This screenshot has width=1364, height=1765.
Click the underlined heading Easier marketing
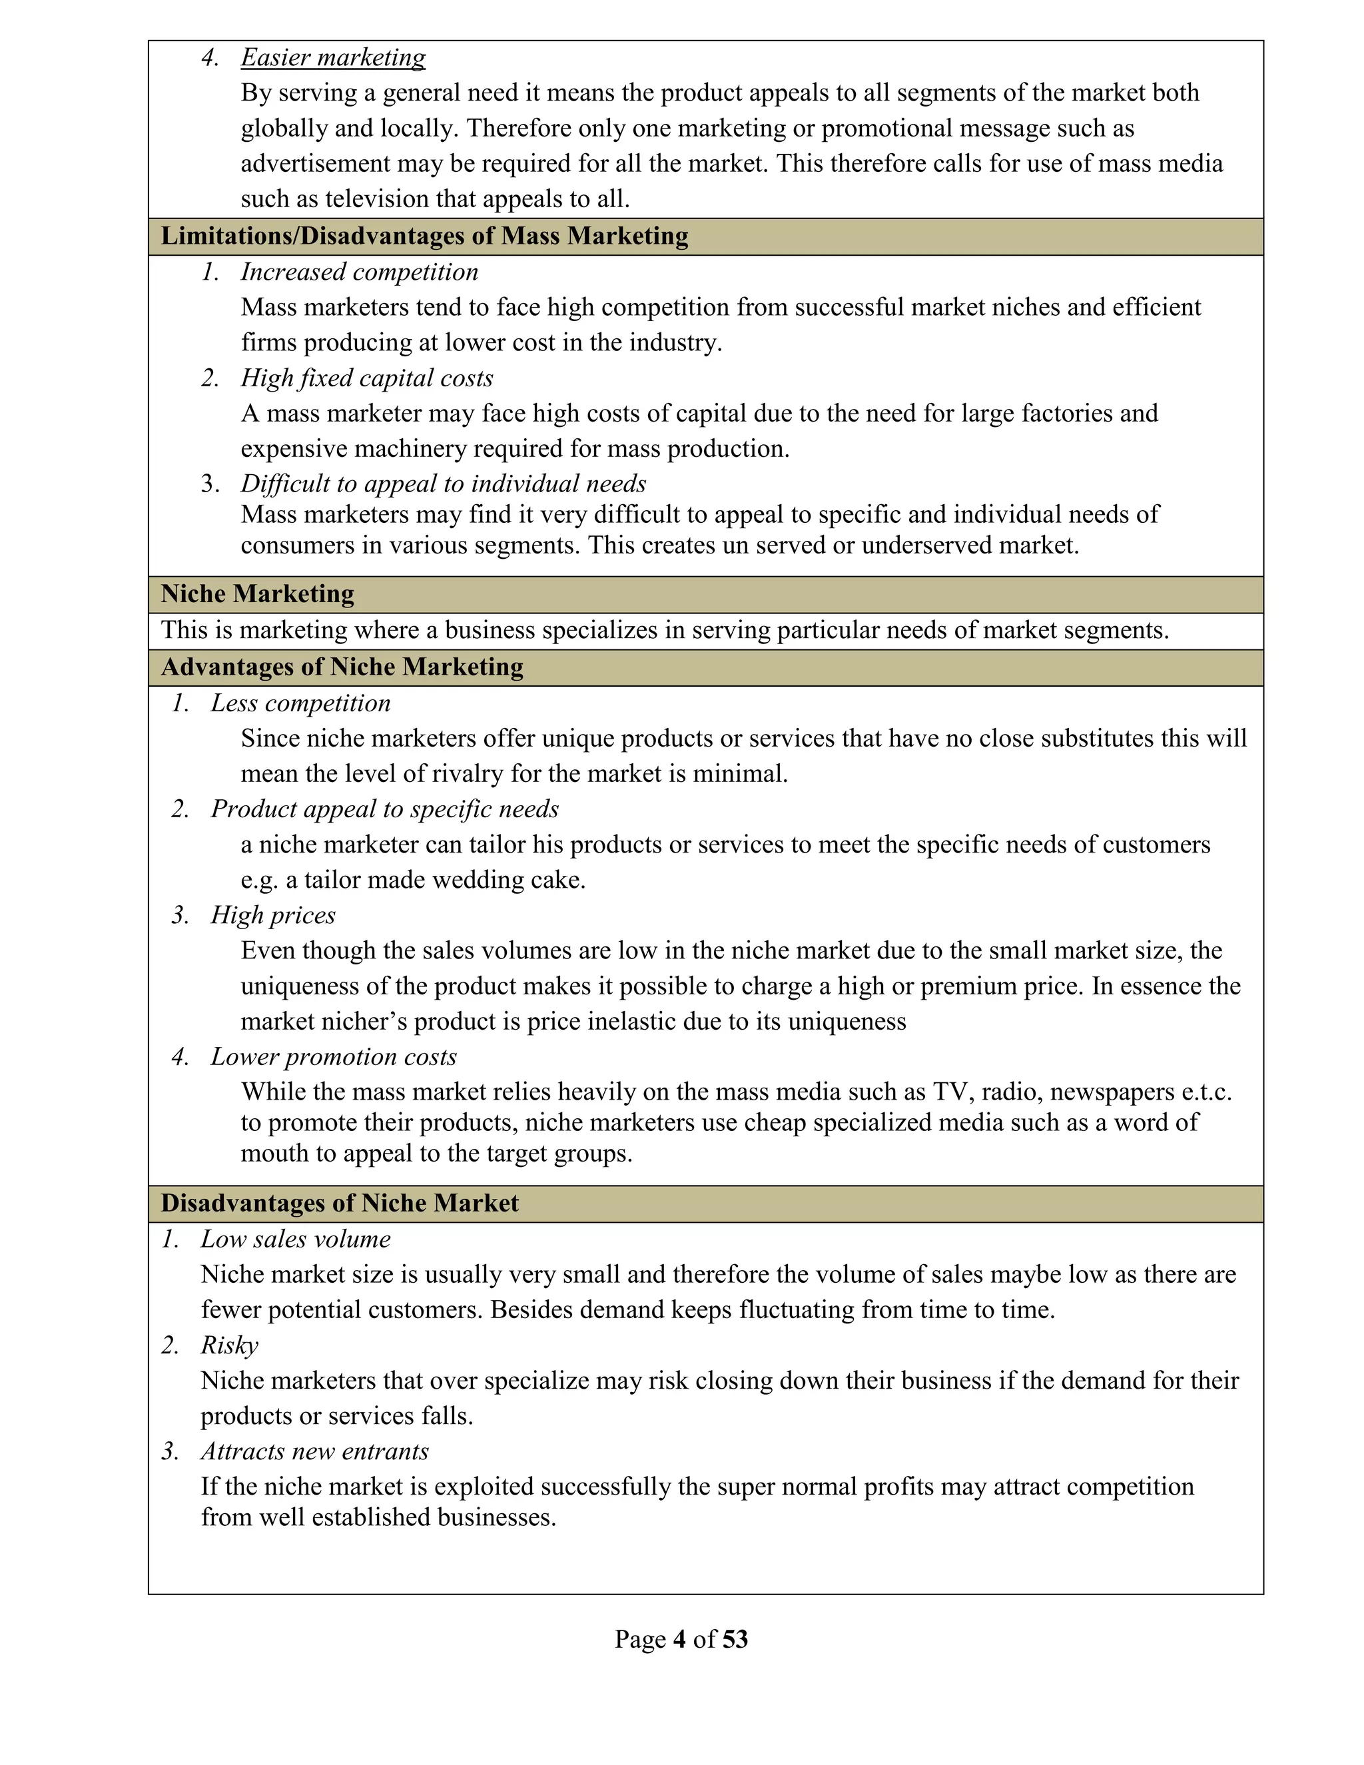333,57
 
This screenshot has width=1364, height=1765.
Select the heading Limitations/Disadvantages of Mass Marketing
424,236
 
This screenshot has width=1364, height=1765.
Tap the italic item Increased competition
359,272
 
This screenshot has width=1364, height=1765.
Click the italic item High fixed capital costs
366,378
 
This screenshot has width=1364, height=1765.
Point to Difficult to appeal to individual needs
443,484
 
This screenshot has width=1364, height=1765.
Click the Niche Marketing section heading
257,594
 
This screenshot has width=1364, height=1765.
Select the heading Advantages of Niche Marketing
342,667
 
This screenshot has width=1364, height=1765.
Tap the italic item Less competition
300,703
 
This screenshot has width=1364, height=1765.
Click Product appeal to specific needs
385,809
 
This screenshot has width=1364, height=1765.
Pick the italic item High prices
272,915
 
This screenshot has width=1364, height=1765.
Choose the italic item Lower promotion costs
333,1057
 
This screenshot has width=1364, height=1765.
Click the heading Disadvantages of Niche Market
340,1204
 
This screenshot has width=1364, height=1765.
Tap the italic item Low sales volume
295,1239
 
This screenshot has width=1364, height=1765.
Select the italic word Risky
230,1345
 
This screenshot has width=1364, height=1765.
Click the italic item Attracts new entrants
314,1451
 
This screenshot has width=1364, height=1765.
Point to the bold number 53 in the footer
735,1639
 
